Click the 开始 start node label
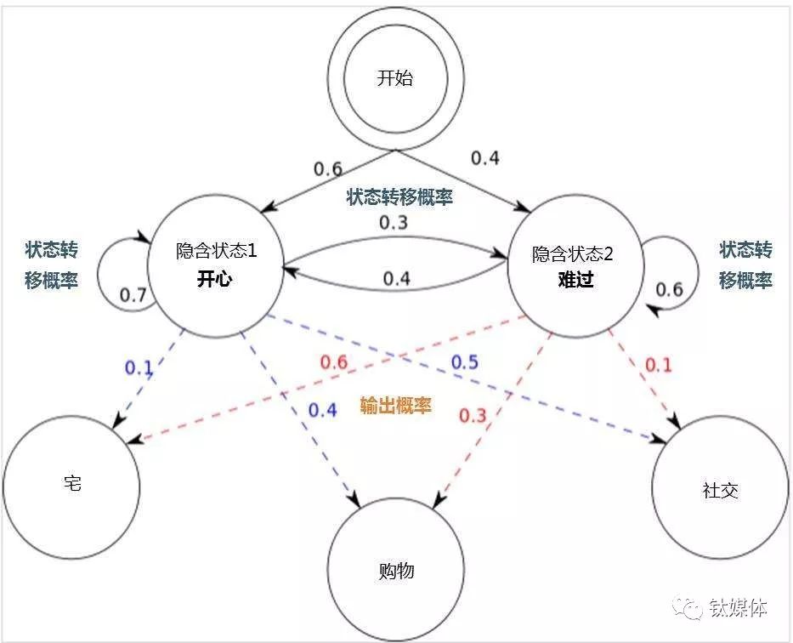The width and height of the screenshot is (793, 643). pyautogui.click(x=394, y=79)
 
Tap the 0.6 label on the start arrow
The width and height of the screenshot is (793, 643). pyautogui.click(x=328, y=168)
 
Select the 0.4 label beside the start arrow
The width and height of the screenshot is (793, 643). pyautogui.click(x=486, y=157)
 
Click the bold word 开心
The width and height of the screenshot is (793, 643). pyautogui.click(x=216, y=280)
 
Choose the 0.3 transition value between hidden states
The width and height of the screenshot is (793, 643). pyautogui.click(x=393, y=223)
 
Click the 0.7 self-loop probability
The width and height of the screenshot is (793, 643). pyautogui.click(x=133, y=295)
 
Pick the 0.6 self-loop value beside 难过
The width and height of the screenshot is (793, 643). pyautogui.click(x=669, y=289)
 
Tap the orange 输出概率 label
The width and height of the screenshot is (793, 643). pyautogui.click(x=395, y=406)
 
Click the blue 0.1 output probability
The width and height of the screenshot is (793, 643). pyautogui.click(x=139, y=367)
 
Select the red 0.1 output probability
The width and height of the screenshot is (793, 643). pyautogui.click(x=658, y=366)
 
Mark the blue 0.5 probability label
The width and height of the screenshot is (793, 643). pyautogui.click(x=464, y=362)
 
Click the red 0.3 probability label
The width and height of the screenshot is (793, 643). pyautogui.click(x=473, y=415)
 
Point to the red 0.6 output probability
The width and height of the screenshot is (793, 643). pyautogui.click(x=333, y=362)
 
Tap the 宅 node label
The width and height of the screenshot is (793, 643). pyautogui.click(x=72, y=484)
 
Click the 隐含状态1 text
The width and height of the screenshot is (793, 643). pyautogui.click(x=216, y=252)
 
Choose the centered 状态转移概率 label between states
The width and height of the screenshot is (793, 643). pyautogui.click(x=399, y=197)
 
